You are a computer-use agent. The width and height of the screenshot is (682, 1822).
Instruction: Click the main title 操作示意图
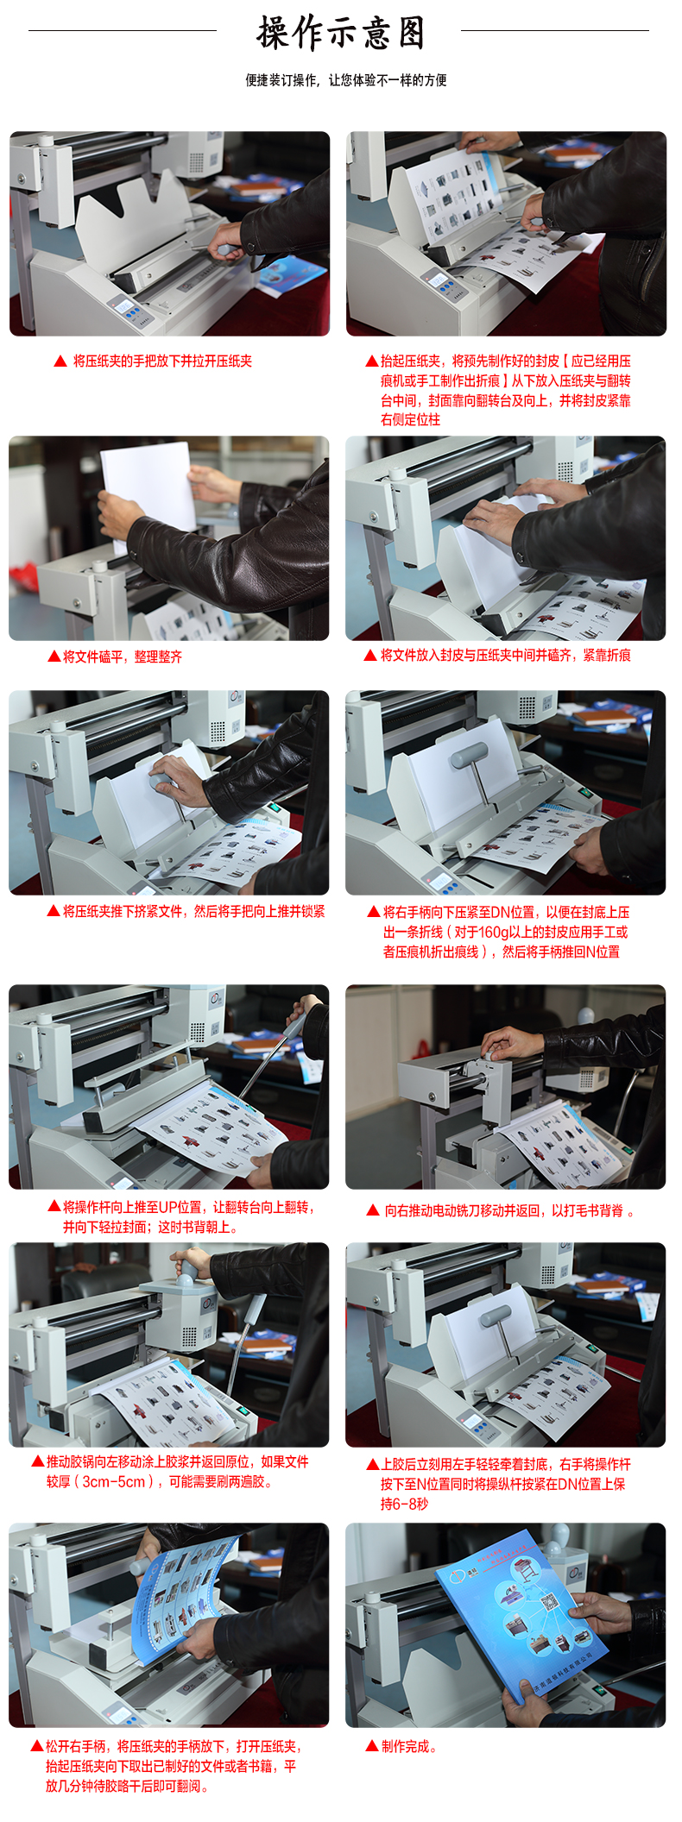[341, 34]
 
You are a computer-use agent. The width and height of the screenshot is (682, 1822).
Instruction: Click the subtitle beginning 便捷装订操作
[345, 80]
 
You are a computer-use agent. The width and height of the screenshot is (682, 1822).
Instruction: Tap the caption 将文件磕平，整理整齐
[122, 657]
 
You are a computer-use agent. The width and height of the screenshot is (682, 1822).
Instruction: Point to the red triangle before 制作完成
[372, 1746]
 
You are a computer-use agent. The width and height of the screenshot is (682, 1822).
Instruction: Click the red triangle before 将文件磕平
[54, 657]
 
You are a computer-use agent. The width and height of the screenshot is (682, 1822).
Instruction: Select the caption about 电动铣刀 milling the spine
[504, 1210]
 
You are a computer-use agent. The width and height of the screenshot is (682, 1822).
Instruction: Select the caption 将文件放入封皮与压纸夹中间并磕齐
[505, 656]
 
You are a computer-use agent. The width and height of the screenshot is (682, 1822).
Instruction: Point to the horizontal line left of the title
[122, 31]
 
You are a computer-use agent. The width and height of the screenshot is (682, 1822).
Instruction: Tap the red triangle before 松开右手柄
[37, 1746]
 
